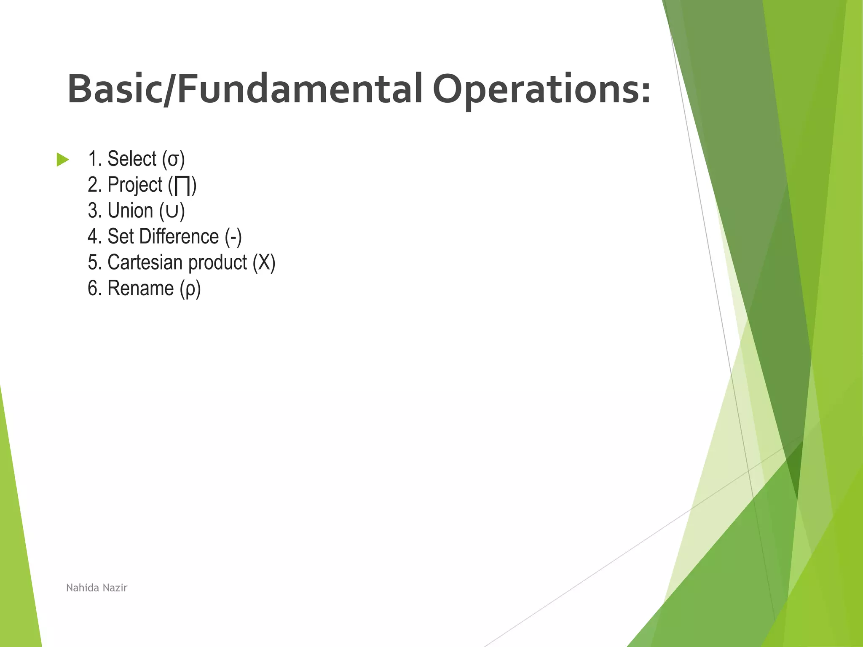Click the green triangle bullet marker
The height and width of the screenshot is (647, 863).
[62, 160]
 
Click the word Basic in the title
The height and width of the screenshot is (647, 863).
[114, 89]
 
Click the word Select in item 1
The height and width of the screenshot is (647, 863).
[132, 159]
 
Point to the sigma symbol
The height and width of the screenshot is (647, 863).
[173, 160]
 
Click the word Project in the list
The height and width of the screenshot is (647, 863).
[135, 185]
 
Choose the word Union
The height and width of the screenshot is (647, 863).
[130, 211]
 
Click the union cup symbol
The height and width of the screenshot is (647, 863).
[172, 211]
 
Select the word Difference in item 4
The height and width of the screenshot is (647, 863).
[179, 236]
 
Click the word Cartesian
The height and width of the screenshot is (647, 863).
[145, 262]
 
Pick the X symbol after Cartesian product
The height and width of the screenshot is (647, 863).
[264, 263]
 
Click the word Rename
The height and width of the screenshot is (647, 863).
[141, 289]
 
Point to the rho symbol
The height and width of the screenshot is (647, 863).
[190, 290]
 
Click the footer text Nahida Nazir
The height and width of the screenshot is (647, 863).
[96, 588]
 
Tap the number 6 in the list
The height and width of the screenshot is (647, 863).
[93, 289]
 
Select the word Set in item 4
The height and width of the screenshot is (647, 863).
[121, 236]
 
